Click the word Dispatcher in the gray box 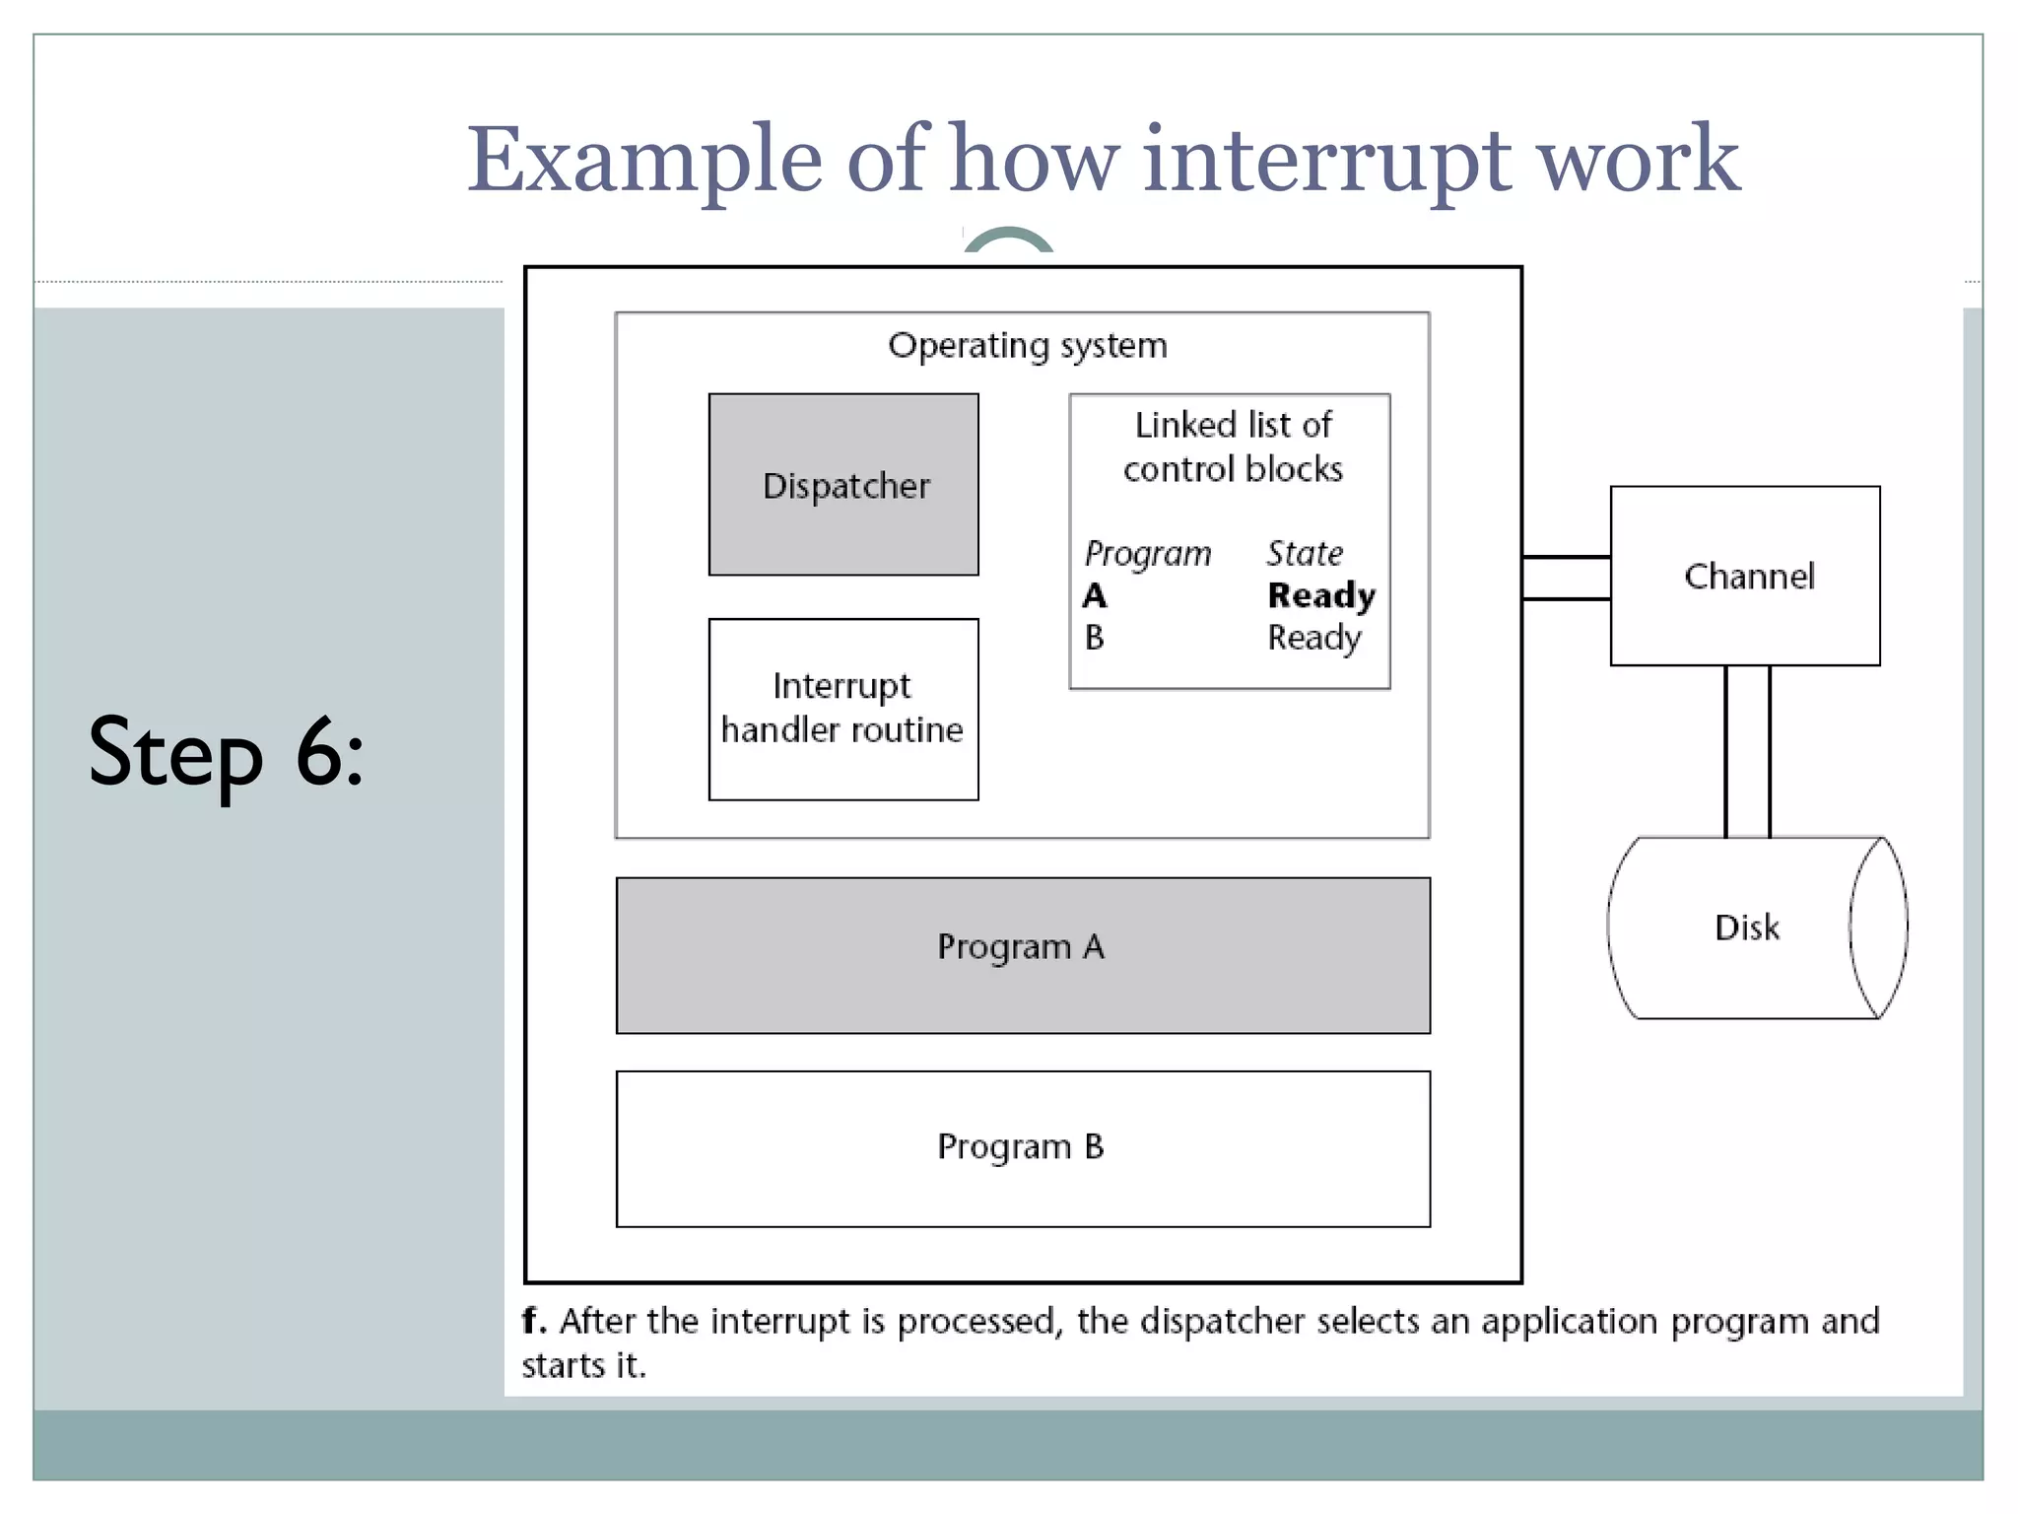pos(845,486)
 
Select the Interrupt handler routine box pos(842,709)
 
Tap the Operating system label pos(1027,345)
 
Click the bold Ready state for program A pos(1320,595)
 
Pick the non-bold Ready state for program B pos(1313,638)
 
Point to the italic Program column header pos(1147,553)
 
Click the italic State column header pos(1304,553)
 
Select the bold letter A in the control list pos(1094,595)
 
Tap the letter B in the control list pos(1094,638)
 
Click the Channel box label pos(1748,576)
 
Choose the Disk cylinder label pos(1746,928)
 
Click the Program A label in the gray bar pos(1020,946)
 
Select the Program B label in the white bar pos(1020,1146)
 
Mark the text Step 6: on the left pos(226,753)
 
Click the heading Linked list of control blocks pos(1233,447)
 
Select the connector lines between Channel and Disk pos(1747,751)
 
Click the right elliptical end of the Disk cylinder pos(1878,927)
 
